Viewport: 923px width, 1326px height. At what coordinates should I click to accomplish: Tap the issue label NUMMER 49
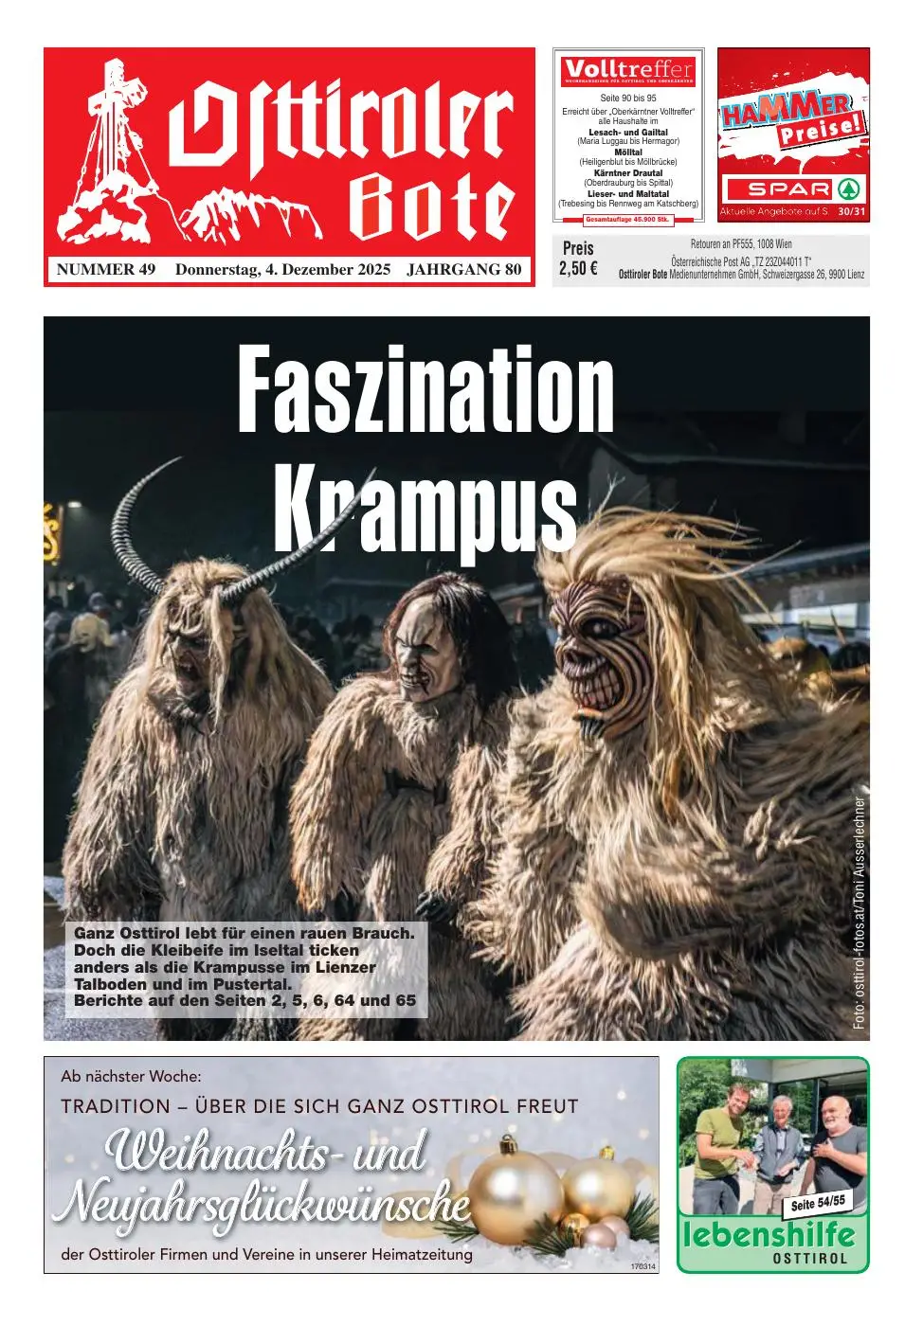tap(106, 270)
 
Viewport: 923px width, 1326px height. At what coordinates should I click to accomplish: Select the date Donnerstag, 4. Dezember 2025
tap(282, 270)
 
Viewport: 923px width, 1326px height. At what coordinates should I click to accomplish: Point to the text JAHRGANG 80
tap(463, 270)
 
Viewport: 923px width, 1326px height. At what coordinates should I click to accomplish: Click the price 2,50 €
tap(578, 268)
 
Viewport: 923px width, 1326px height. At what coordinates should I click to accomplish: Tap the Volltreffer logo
tap(628, 70)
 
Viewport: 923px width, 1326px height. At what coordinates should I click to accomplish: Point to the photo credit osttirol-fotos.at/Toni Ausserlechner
tap(860, 912)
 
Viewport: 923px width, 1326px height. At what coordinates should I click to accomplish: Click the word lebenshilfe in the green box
tap(769, 1235)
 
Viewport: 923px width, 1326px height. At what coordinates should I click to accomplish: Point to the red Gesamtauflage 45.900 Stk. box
tap(628, 220)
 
